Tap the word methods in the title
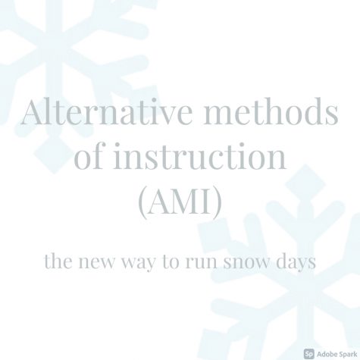(x=271, y=111)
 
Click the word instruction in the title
(x=200, y=156)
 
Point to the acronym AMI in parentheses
(x=180, y=201)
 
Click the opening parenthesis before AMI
(x=142, y=202)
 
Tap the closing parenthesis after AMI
(x=218, y=202)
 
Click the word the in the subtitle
(x=58, y=261)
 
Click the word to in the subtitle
(x=171, y=262)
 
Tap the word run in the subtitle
(x=202, y=263)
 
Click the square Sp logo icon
(x=309, y=353)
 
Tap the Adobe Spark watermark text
(x=337, y=354)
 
